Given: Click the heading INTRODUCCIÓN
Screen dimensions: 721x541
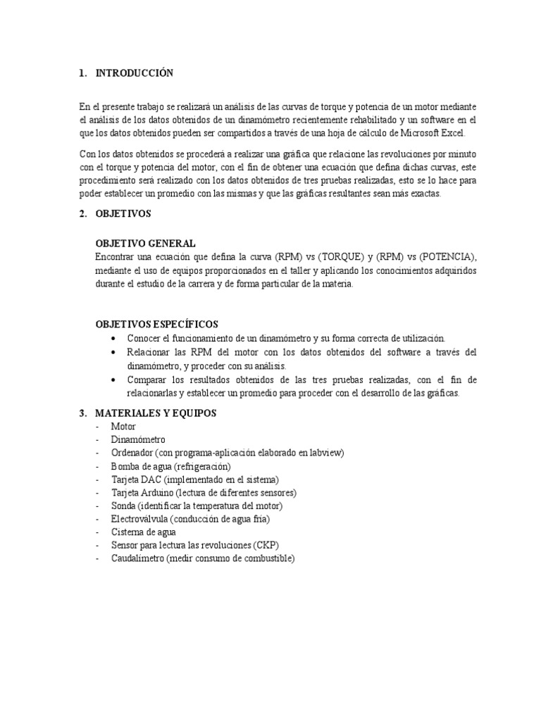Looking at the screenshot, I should click(x=134, y=73).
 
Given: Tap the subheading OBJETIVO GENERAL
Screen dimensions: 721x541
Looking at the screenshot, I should click(x=145, y=244).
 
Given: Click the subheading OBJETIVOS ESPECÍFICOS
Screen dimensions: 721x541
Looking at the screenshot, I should click(x=156, y=325).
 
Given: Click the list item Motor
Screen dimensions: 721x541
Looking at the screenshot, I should click(x=123, y=427).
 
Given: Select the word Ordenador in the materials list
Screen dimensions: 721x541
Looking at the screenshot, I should click(x=132, y=453).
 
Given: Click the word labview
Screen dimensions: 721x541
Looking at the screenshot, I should click(x=327, y=453).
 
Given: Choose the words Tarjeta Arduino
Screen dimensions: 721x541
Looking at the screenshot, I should click(x=142, y=493).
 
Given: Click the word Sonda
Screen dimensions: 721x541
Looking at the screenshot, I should click(x=123, y=506).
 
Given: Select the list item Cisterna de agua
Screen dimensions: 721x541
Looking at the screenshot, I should click(x=144, y=532).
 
